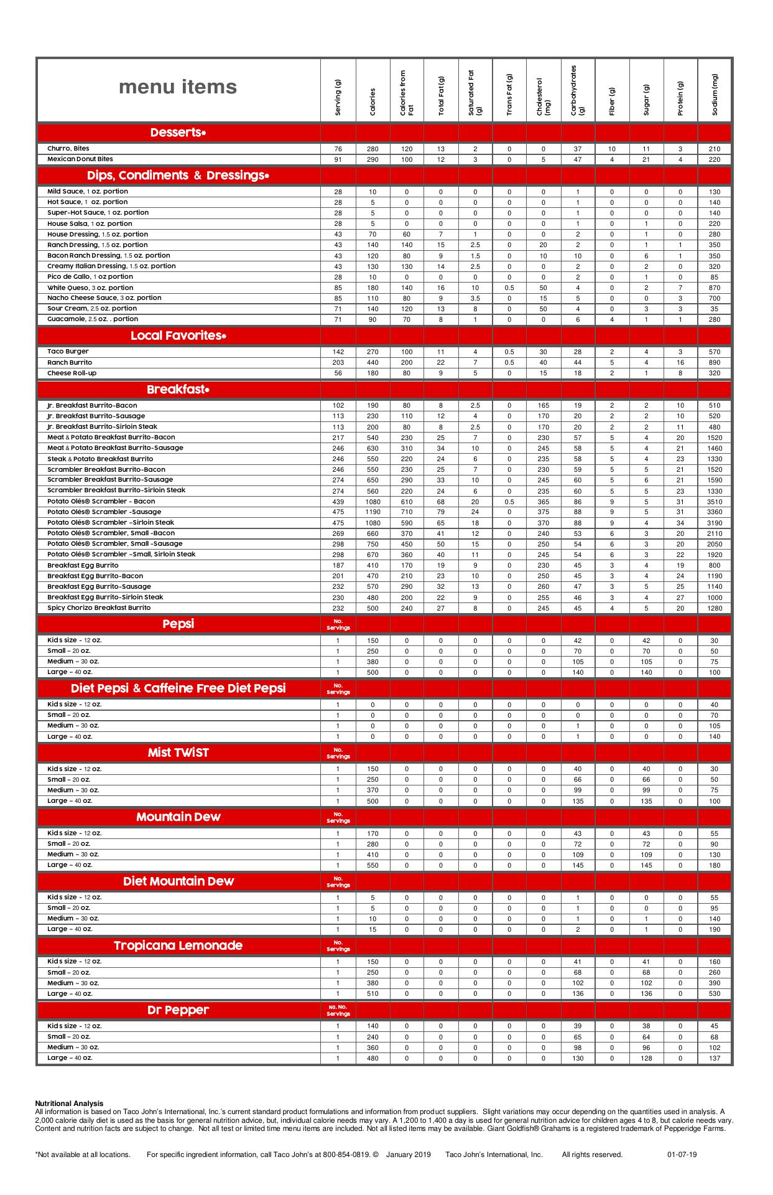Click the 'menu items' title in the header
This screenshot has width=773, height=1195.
(x=178, y=87)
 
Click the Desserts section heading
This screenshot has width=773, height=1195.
(x=178, y=133)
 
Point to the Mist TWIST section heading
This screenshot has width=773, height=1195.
(x=178, y=752)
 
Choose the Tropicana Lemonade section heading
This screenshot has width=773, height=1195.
(x=178, y=945)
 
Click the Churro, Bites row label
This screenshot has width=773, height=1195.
(x=68, y=149)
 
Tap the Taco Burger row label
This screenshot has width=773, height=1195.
(x=68, y=352)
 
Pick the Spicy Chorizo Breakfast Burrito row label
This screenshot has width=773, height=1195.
(x=99, y=607)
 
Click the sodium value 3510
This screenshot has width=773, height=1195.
(x=715, y=502)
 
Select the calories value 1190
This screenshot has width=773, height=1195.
(x=373, y=512)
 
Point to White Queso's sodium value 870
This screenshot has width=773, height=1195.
(x=715, y=288)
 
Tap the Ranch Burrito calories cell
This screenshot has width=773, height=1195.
(x=373, y=363)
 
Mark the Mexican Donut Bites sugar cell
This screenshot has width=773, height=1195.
(x=646, y=160)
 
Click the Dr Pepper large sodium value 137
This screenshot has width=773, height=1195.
(x=715, y=1058)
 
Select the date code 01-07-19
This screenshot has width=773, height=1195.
(x=682, y=1155)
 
